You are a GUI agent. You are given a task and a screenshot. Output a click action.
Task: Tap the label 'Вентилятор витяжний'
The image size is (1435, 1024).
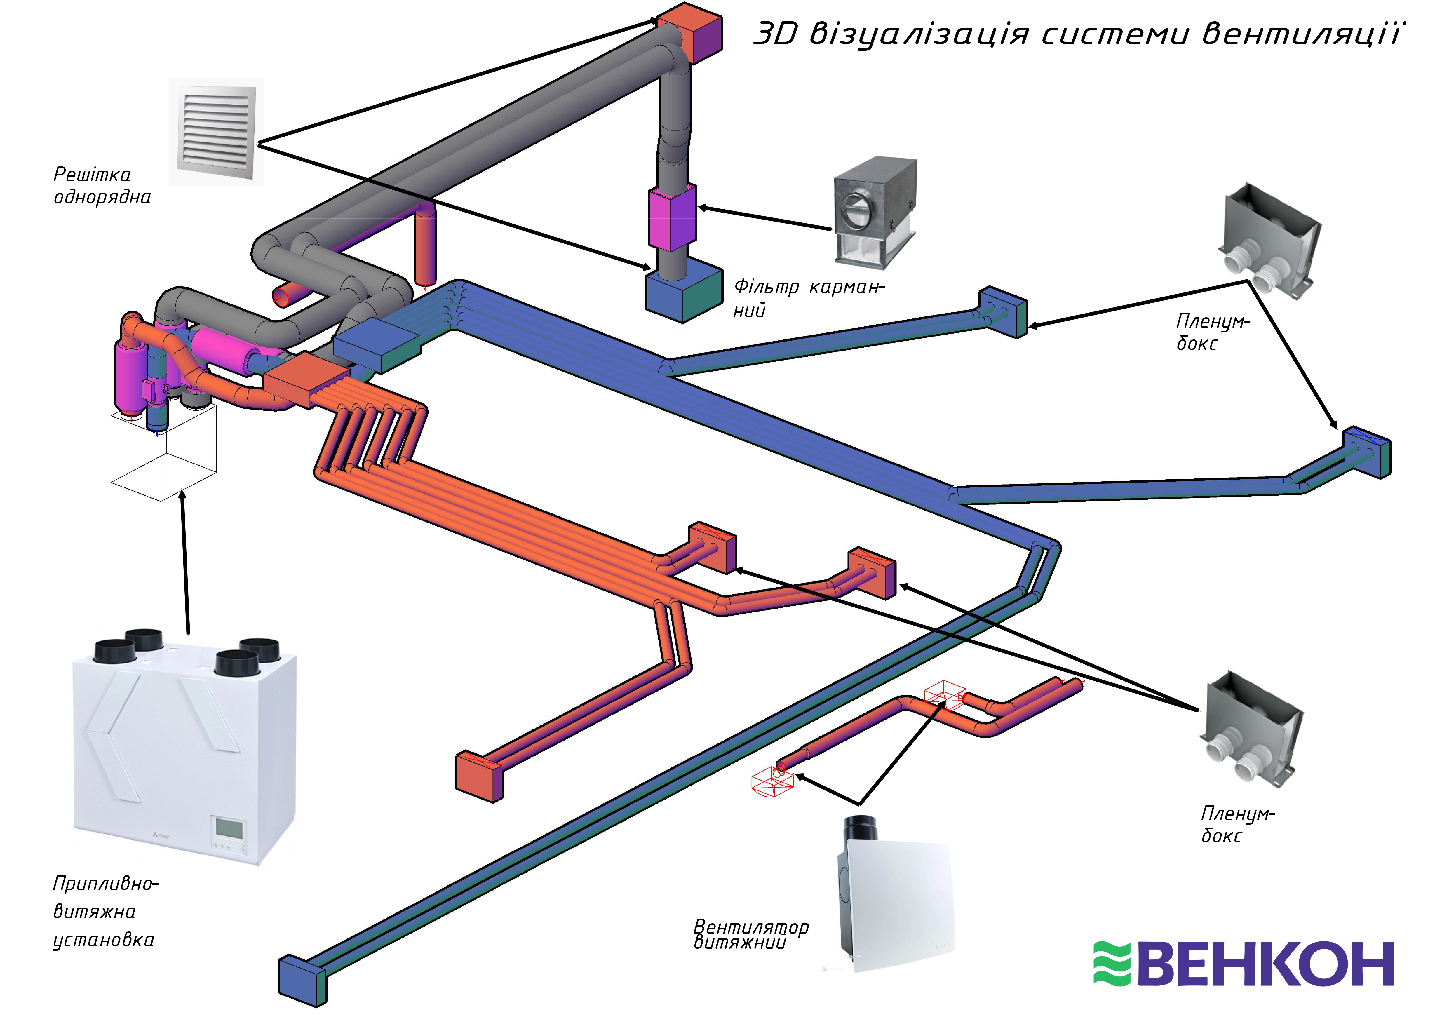pos(750,934)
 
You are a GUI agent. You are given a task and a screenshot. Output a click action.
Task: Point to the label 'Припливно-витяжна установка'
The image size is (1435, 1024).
pos(104,911)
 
